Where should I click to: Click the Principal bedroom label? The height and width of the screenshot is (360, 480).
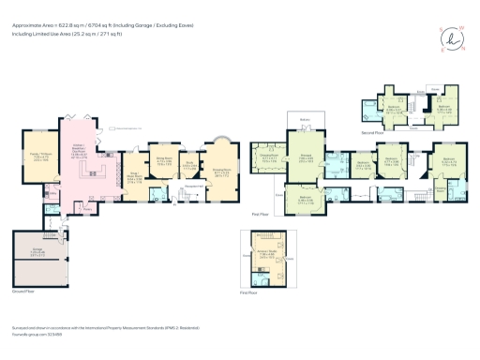tap(306, 159)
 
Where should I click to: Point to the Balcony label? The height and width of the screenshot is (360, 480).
tap(305, 119)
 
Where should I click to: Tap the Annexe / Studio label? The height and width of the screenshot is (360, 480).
tap(266, 251)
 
